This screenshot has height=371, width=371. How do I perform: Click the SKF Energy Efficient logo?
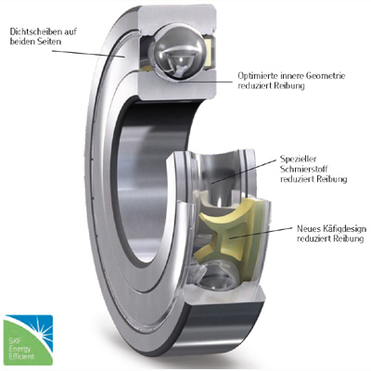pyautogui.click(x=29, y=340)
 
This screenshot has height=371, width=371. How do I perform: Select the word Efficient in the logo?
pyautogui.click(x=21, y=356)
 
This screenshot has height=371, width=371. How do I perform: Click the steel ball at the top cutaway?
pyautogui.click(x=178, y=53)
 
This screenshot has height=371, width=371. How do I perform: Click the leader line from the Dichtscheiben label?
pyautogui.click(x=88, y=54)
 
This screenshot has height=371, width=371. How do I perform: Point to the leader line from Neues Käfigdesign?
pyautogui.click(x=262, y=233)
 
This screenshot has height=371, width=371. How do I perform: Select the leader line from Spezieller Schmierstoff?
pyautogui.click(x=244, y=173)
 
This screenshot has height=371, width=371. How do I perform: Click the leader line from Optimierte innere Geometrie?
pyautogui.click(x=205, y=83)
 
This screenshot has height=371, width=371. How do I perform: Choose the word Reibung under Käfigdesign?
pyautogui.click(x=352, y=238)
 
